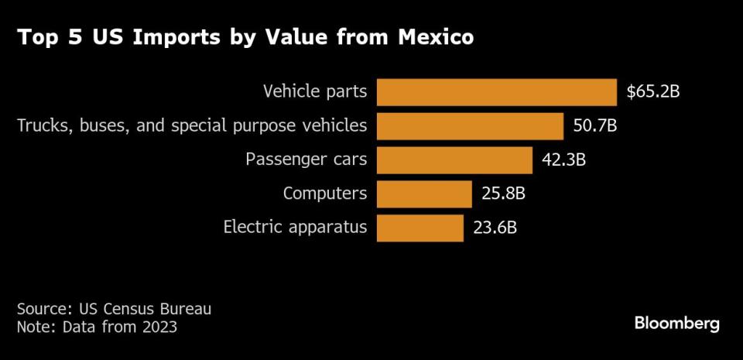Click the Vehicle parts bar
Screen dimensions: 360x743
[x=496, y=92]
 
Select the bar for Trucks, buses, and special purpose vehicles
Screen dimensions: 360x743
[x=470, y=126]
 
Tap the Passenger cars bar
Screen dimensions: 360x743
[x=454, y=160]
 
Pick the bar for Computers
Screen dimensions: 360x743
[x=424, y=194]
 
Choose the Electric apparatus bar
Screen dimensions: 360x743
[x=419, y=228]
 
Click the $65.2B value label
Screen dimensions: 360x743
[x=652, y=92]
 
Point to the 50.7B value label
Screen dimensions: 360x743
[x=594, y=126]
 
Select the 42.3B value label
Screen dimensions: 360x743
[x=564, y=160]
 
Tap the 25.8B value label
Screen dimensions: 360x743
[x=503, y=194]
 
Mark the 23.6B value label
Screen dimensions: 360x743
[x=495, y=228]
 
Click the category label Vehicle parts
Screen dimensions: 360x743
[x=315, y=92]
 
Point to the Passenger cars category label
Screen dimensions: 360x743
[x=306, y=160]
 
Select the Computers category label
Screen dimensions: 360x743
[x=325, y=194]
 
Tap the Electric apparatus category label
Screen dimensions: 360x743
[x=296, y=228]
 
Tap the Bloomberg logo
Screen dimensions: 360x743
[x=677, y=323]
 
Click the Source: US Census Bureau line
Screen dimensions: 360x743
[x=114, y=309]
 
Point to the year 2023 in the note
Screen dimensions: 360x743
[x=159, y=327]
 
